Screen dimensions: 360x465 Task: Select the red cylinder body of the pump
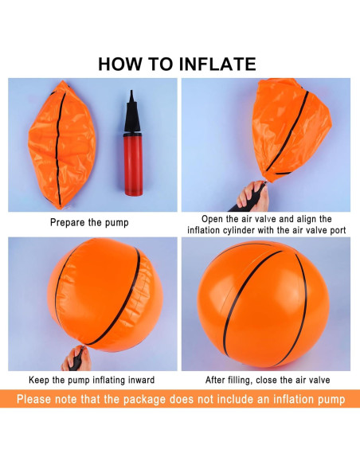(133, 164)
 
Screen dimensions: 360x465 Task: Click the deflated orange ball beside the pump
(61, 145)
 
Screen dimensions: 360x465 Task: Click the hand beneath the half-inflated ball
(77, 358)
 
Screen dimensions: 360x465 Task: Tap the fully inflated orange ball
(264, 304)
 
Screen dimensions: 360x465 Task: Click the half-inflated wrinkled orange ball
(105, 295)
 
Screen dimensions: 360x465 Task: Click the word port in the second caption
(337, 230)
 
